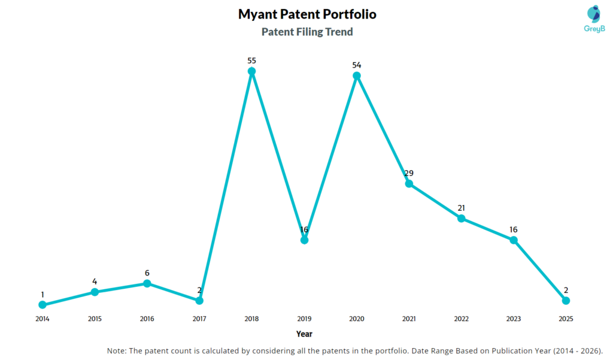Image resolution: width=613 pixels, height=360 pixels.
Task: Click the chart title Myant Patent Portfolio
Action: click(x=307, y=14)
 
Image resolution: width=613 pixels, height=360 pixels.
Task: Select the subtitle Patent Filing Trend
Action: click(x=307, y=32)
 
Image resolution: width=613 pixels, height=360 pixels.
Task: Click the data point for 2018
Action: click(x=251, y=71)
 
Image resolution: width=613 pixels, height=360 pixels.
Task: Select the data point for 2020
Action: click(x=357, y=75)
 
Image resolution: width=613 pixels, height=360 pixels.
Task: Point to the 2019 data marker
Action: click(x=304, y=240)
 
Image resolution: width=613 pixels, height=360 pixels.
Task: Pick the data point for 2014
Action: click(x=42, y=305)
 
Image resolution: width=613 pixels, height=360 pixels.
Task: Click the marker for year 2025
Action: click(x=566, y=300)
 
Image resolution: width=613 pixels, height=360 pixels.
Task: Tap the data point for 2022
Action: click(x=461, y=218)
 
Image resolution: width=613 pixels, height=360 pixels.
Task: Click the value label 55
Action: click(x=251, y=60)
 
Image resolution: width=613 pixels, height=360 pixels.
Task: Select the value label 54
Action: click(x=357, y=65)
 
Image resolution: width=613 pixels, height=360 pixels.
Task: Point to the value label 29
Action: click(x=409, y=173)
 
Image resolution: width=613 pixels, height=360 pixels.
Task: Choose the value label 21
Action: click(x=461, y=207)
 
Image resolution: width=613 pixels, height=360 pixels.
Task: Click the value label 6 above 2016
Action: click(x=147, y=273)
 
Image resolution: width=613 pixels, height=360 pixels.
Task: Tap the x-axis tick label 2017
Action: click(x=199, y=319)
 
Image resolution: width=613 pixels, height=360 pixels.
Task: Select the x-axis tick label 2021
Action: click(x=409, y=319)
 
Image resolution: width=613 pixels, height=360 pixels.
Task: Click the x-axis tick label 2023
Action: click(x=514, y=319)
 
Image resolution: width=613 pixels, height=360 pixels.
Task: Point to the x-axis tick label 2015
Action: click(x=95, y=319)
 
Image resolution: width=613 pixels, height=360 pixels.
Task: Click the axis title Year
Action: click(x=304, y=334)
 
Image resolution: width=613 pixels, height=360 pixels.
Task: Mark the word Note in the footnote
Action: click(x=116, y=350)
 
